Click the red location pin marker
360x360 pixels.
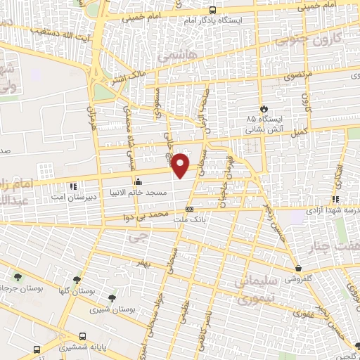181,165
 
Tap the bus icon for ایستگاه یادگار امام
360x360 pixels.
213,10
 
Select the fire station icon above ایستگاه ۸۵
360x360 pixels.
264,109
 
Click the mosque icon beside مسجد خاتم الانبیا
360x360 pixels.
137,180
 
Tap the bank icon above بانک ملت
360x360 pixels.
188,209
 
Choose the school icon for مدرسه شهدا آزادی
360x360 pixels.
335,199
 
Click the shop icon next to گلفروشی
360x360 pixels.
298,268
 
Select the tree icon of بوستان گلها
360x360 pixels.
77,279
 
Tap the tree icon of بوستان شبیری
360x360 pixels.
112,298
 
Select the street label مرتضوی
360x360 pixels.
291,75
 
